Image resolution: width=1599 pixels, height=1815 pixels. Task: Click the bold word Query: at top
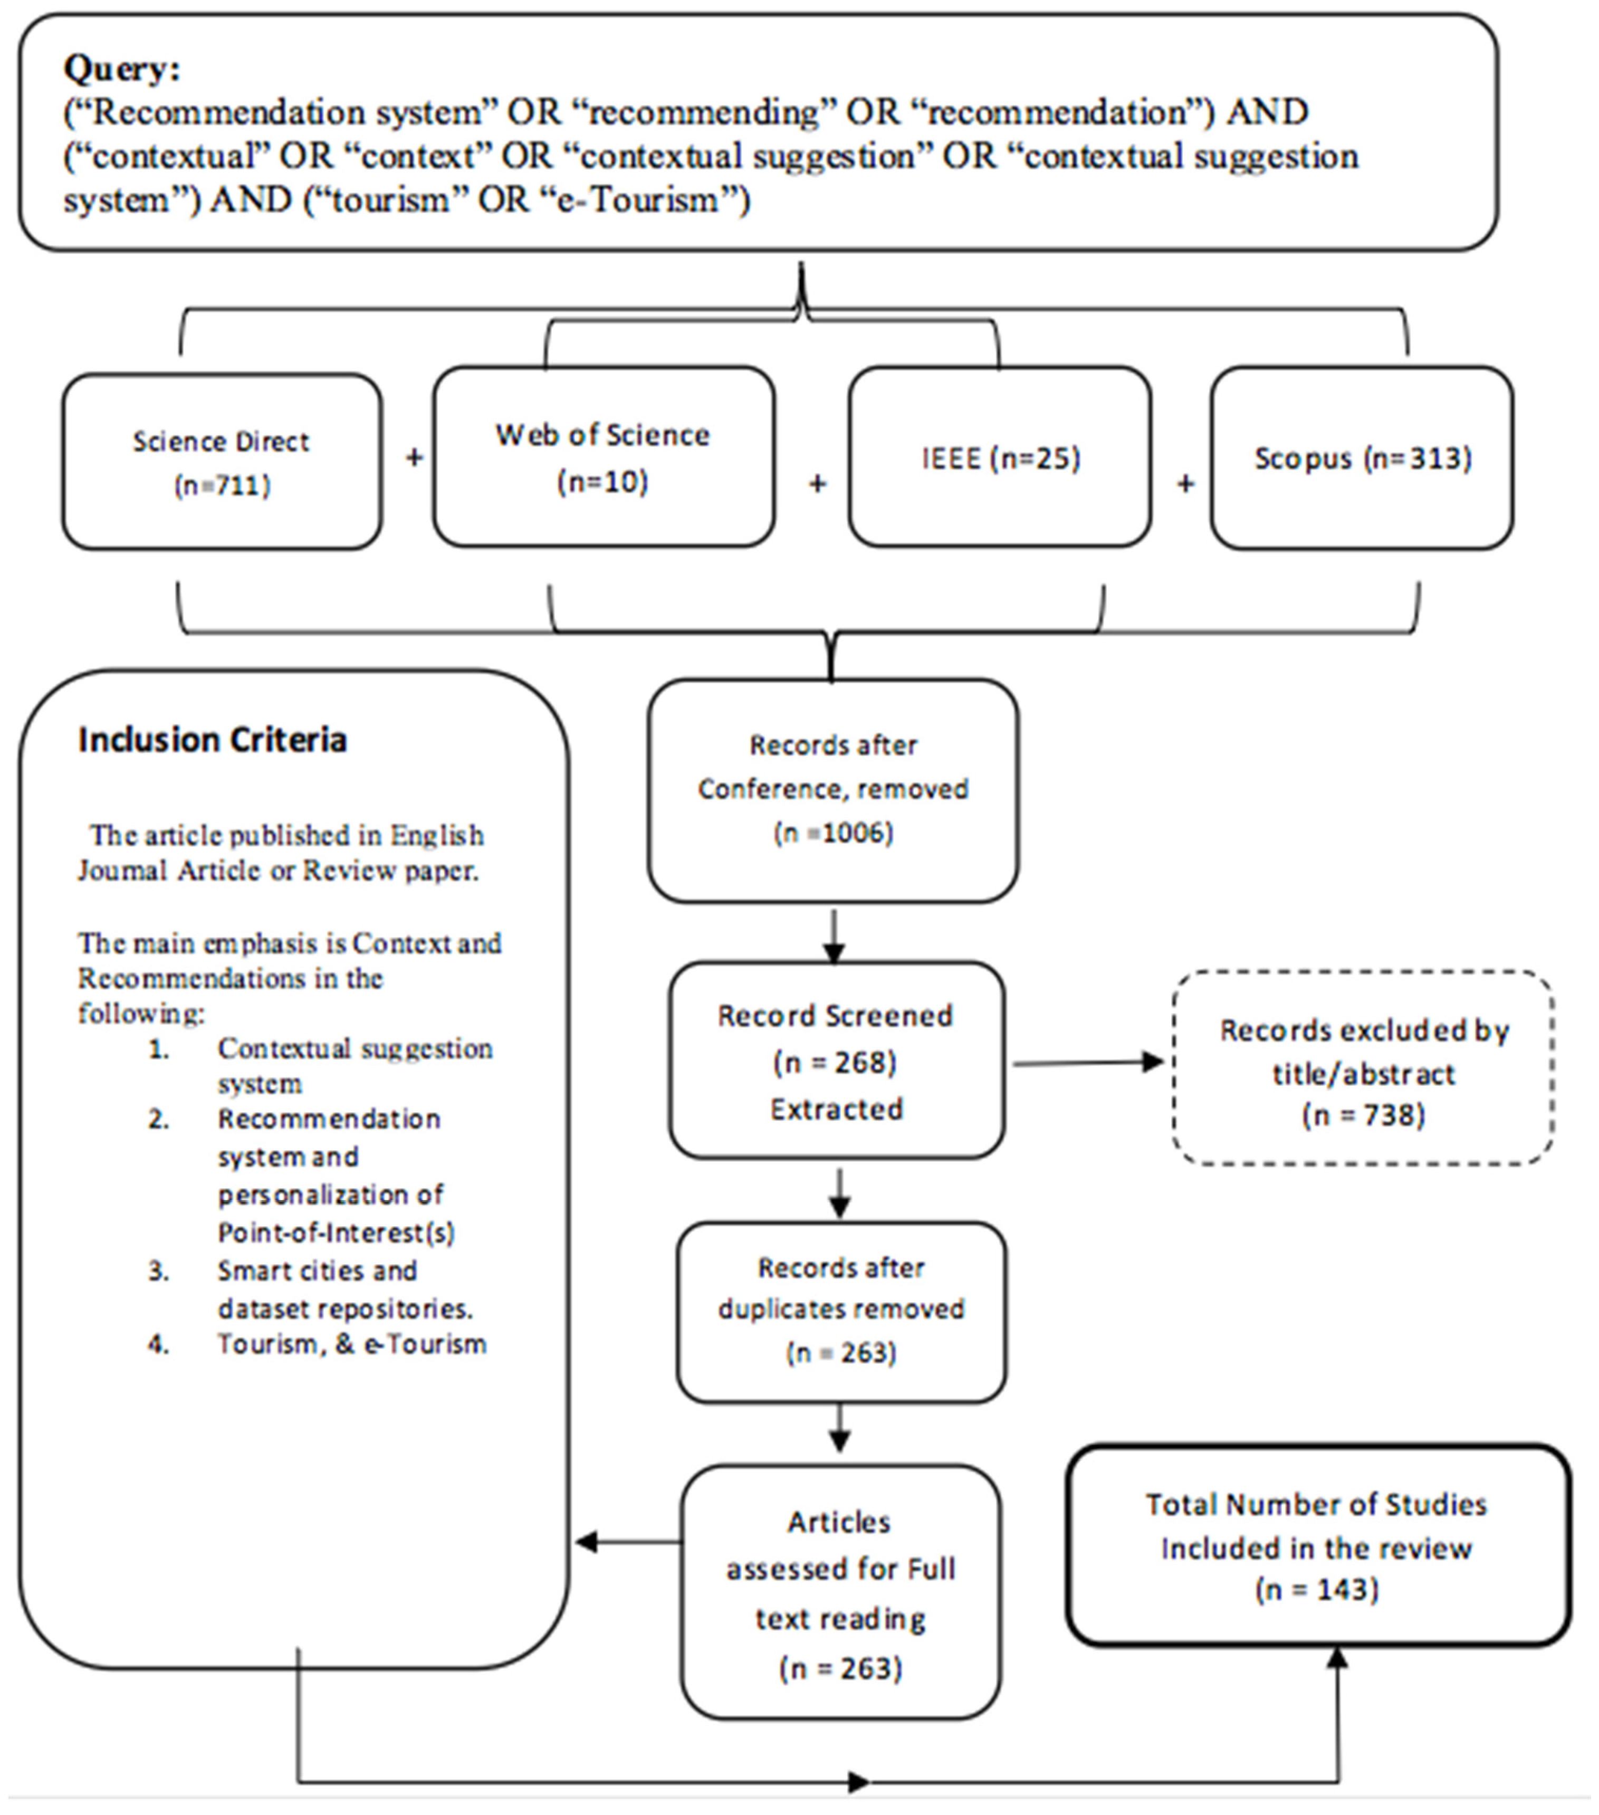tap(122, 69)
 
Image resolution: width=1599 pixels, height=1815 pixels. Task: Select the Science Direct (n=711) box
tap(222, 462)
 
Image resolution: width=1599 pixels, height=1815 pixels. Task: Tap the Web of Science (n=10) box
tap(603, 457)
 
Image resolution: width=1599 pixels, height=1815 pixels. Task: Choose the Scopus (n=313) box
tap(1362, 458)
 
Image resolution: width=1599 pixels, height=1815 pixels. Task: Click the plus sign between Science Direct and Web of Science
tap(414, 457)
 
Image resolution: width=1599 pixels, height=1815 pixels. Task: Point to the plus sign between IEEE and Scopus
tap(1185, 483)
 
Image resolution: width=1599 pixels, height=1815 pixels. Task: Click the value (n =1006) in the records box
tap(833, 833)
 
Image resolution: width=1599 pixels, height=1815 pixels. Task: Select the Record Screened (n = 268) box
tap(836, 1061)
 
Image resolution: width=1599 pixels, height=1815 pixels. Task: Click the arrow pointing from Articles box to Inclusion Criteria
tap(626, 1542)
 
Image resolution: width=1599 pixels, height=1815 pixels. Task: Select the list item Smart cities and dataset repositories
tap(344, 1289)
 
